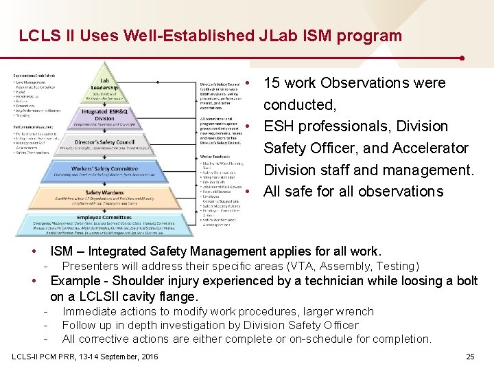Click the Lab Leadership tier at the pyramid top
(x=104, y=83)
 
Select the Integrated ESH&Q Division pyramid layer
(x=104, y=114)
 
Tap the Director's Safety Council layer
(x=104, y=142)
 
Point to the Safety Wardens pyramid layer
(x=104, y=196)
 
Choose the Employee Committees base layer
(x=104, y=221)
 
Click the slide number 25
(x=470, y=356)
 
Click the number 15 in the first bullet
(x=272, y=83)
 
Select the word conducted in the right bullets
(x=299, y=105)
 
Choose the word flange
(x=178, y=297)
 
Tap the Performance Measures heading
(x=34, y=128)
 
